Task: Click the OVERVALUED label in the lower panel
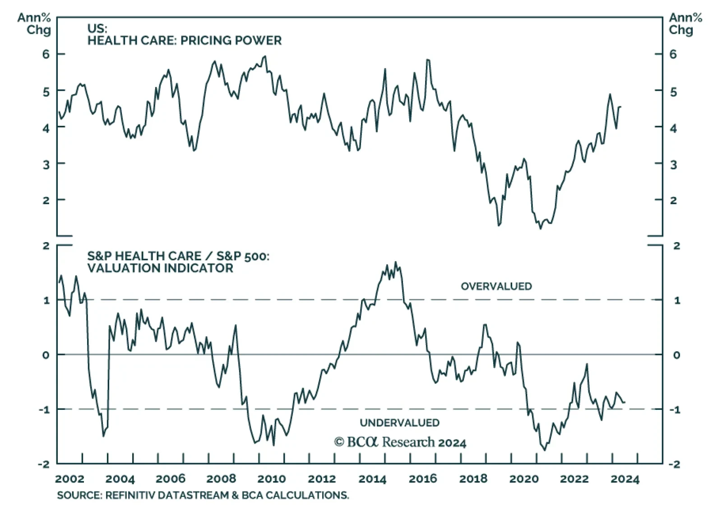(x=496, y=286)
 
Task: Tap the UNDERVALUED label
(x=399, y=423)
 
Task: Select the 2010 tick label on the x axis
(x=272, y=479)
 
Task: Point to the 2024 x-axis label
(x=625, y=479)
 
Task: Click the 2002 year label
(x=69, y=479)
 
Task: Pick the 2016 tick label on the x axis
(x=423, y=479)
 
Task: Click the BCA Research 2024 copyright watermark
(x=400, y=442)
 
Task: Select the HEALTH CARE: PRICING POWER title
(x=184, y=41)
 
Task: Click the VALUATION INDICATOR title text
(x=160, y=268)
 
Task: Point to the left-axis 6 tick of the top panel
(x=46, y=54)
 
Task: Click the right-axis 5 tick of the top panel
(x=673, y=92)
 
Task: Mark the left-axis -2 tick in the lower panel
(x=44, y=464)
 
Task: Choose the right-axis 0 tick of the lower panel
(x=676, y=355)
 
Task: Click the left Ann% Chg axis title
(x=34, y=24)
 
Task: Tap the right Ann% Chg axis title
(x=685, y=24)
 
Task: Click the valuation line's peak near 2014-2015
(x=396, y=262)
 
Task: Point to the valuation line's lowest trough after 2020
(x=544, y=450)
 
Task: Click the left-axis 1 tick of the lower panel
(x=46, y=300)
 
